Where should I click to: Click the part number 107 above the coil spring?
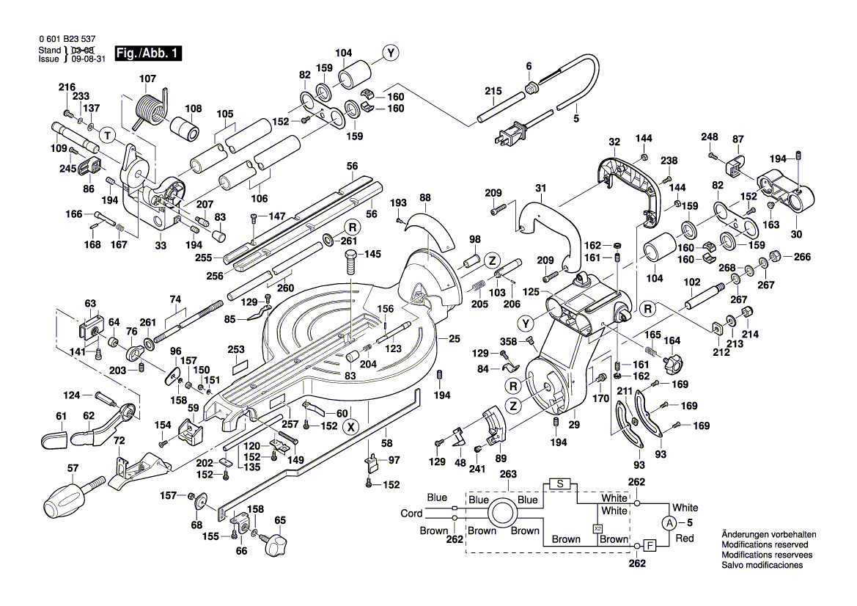coord(147,78)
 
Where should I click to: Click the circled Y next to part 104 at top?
coord(391,53)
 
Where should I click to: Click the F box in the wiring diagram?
coord(650,545)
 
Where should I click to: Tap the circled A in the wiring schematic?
coord(669,523)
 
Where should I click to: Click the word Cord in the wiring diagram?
coord(411,514)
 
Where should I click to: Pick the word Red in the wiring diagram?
coord(684,539)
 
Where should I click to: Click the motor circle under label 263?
coord(504,513)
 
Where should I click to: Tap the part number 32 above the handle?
coord(614,142)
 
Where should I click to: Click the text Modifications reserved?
coord(765,545)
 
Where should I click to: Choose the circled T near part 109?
coord(108,136)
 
